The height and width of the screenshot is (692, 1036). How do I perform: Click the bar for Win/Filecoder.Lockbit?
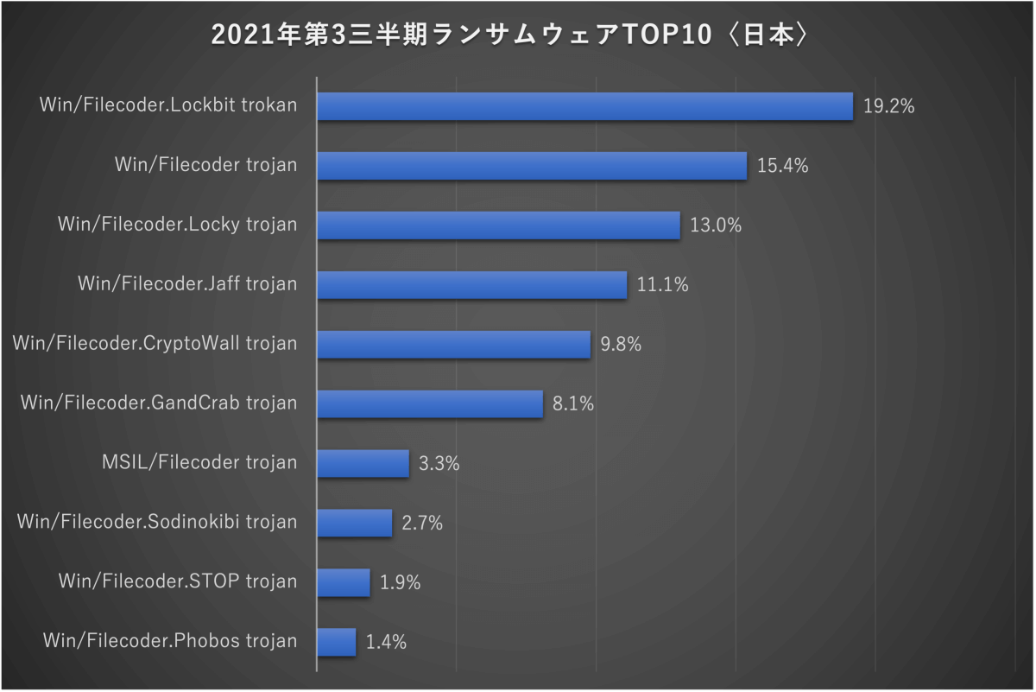584,106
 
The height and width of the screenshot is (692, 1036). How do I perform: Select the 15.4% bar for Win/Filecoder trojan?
532,166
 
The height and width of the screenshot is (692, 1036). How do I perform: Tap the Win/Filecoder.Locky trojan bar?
498,225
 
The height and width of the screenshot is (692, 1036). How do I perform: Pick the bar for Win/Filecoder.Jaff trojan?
471,284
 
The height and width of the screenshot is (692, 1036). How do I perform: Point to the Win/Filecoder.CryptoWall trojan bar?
453,344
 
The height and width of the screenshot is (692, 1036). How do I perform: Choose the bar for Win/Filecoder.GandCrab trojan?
430,403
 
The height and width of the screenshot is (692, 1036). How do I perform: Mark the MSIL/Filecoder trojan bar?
363,463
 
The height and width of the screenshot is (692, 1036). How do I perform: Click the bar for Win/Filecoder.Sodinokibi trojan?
354,523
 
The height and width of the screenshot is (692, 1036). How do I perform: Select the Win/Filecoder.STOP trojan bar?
344,582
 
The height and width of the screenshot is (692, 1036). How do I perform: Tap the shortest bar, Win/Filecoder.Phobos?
337,642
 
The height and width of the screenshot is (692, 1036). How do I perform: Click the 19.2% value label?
888,107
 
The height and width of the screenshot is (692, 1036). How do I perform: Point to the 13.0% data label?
716,225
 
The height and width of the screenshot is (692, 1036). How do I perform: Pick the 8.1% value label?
573,403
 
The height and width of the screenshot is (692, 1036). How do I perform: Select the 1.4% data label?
386,642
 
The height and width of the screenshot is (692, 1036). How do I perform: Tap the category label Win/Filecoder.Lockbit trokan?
168,105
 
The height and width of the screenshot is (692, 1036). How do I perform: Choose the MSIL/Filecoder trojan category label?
199,462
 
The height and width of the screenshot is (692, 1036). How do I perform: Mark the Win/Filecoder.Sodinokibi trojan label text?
157,522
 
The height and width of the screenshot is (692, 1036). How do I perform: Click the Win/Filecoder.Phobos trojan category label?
169,641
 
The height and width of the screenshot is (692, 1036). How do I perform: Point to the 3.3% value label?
439,463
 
